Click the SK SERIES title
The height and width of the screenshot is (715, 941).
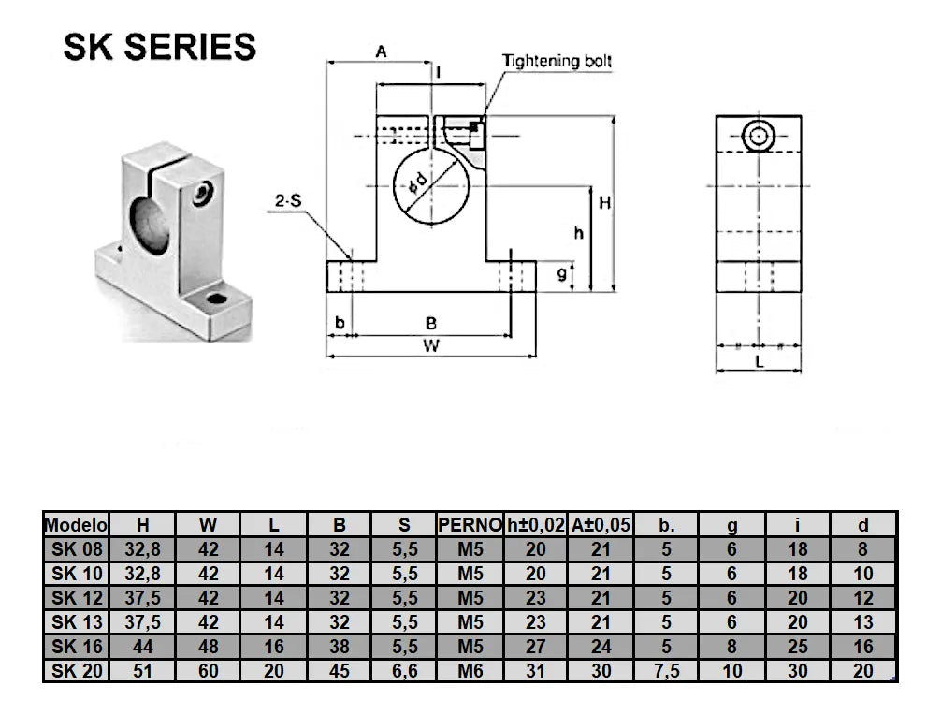pyautogui.click(x=160, y=46)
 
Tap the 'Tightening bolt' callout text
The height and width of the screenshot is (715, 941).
pyautogui.click(x=557, y=61)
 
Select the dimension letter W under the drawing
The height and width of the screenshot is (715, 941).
pyautogui.click(x=430, y=345)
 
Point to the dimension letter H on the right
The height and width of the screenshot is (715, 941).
pyautogui.click(x=605, y=202)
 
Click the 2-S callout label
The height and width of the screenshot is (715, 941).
pyautogui.click(x=287, y=201)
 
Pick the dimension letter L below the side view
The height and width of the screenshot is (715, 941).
pyautogui.click(x=759, y=359)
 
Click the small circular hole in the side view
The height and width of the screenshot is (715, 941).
pyautogui.click(x=758, y=138)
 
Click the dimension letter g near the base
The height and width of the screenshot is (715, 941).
pyautogui.click(x=561, y=273)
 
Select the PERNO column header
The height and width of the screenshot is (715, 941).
pyautogui.click(x=470, y=526)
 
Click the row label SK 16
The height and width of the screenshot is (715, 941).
pyautogui.click(x=77, y=647)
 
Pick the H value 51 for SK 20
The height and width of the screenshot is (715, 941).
pyautogui.click(x=142, y=671)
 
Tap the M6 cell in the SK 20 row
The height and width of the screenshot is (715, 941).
pyautogui.click(x=470, y=671)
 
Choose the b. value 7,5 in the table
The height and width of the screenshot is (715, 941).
pyautogui.click(x=666, y=671)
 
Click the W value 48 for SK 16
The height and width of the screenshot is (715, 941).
pyautogui.click(x=208, y=647)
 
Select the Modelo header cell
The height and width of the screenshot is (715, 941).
pyautogui.click(x=77, y=526)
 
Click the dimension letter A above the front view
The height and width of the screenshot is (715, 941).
pyautogui.click(x=381, y=52)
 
